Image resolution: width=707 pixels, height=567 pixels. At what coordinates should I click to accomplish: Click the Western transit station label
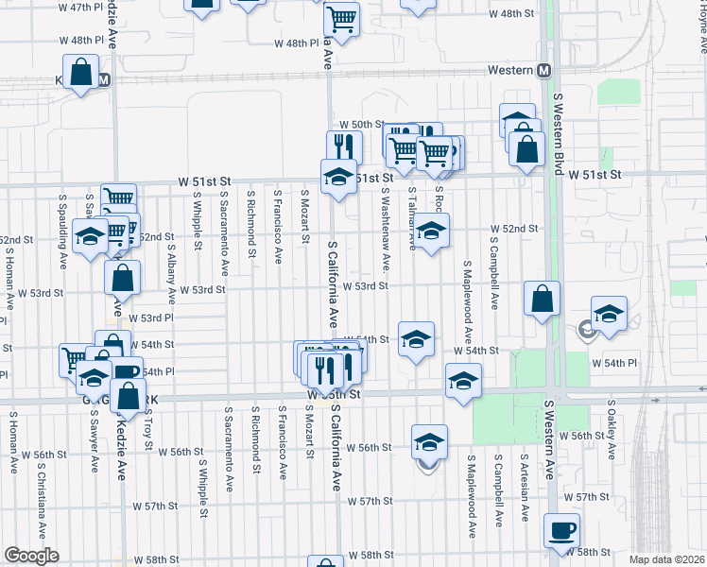point(509,71)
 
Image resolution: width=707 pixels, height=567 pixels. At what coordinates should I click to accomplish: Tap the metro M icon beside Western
point(543,71)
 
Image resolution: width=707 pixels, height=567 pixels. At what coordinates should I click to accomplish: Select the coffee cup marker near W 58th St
point(562,530)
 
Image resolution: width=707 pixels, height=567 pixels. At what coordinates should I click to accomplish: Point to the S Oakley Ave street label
point(612,434)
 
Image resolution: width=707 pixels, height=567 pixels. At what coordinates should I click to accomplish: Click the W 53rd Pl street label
point(151,318)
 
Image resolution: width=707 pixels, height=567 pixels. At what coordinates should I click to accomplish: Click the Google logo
point(31,556)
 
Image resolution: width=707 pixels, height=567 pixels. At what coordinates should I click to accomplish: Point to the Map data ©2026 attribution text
point(667,558)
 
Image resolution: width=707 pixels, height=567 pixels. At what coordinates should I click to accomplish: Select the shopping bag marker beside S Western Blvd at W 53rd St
point(543,299)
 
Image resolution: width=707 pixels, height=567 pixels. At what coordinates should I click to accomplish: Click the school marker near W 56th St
point(429,442)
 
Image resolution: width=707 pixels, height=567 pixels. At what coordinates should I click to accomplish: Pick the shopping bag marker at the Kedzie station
point(81,71)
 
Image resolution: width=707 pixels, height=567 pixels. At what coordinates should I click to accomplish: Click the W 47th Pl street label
point(80,7)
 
